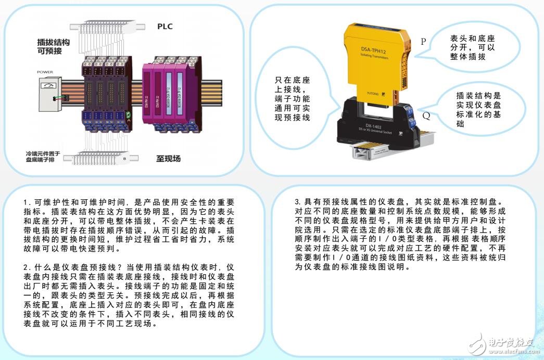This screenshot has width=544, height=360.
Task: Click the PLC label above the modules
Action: point(165,27)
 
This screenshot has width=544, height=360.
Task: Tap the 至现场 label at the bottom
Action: point(168,158)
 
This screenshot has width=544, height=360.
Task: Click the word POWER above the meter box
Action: point(45,72)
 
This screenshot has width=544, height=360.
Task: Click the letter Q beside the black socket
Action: point(426,115)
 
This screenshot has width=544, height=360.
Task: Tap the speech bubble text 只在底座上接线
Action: point(292,99)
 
